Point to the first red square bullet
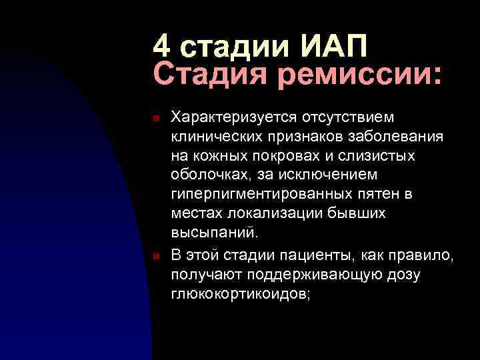155,118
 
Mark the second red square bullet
155,257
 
